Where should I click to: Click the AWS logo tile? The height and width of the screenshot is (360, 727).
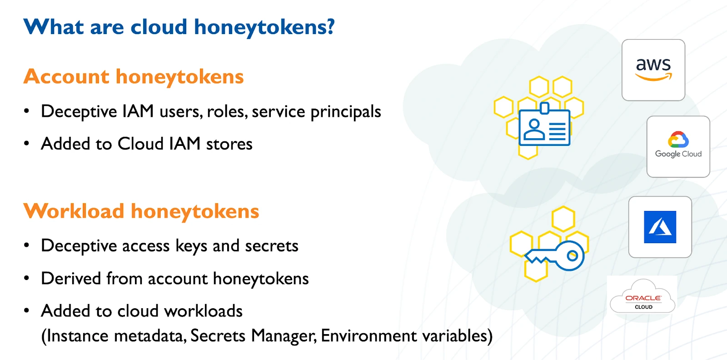pos(653,70)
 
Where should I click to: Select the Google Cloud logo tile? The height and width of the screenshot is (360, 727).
pos(678,146)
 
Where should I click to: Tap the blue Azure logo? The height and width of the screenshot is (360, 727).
pos(660,227)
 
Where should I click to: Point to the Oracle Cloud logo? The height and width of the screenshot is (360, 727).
pos(642,296)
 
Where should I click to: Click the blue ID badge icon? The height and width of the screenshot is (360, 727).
pos(544,125)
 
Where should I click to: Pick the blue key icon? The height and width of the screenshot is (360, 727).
pos(555,256)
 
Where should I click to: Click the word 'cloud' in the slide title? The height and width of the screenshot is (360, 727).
pos(159,27)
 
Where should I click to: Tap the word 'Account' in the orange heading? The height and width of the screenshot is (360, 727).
pos(66,77)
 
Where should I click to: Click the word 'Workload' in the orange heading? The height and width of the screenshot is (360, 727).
pos(74,211)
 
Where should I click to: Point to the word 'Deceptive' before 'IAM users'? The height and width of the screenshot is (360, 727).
pos(79,112)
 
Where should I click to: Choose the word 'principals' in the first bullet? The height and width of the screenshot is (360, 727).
pos(346,112)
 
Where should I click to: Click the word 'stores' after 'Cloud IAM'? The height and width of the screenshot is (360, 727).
pos(229,144)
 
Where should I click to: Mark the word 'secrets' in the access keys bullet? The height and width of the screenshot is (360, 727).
pos(272,246)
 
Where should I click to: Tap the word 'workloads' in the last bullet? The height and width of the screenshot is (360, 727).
pos(203,311)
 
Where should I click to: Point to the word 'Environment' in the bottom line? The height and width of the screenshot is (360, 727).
pos(368,335)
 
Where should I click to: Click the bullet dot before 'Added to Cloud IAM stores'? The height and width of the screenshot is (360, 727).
pos(27,144)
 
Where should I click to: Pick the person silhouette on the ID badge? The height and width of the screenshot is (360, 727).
pos(534,129)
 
